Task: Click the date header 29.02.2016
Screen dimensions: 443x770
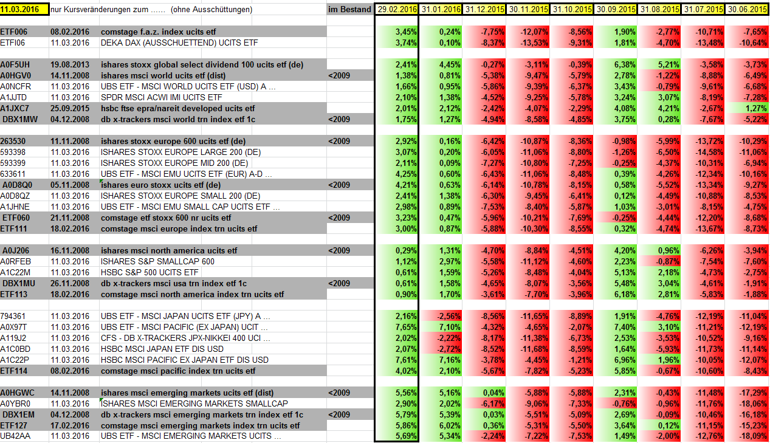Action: point(397,10)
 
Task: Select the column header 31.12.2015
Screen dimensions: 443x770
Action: point(484,10)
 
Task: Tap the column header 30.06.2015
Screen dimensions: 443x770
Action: point(746,10)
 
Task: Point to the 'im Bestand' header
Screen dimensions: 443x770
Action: point(349,10)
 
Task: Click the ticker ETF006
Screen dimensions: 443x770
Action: point(14,31)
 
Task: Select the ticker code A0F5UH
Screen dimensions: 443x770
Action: point(15,64)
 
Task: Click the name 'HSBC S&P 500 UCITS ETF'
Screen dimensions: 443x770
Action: point(150,272)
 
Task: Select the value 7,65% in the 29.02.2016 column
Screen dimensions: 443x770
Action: point(406,327)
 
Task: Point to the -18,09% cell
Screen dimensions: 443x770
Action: point(752,436)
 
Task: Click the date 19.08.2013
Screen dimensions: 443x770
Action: point(70,64)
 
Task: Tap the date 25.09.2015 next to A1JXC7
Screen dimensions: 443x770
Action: point(70,108)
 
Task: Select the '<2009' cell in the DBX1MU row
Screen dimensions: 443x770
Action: point(339,283)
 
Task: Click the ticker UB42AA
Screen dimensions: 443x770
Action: point(15,436)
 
